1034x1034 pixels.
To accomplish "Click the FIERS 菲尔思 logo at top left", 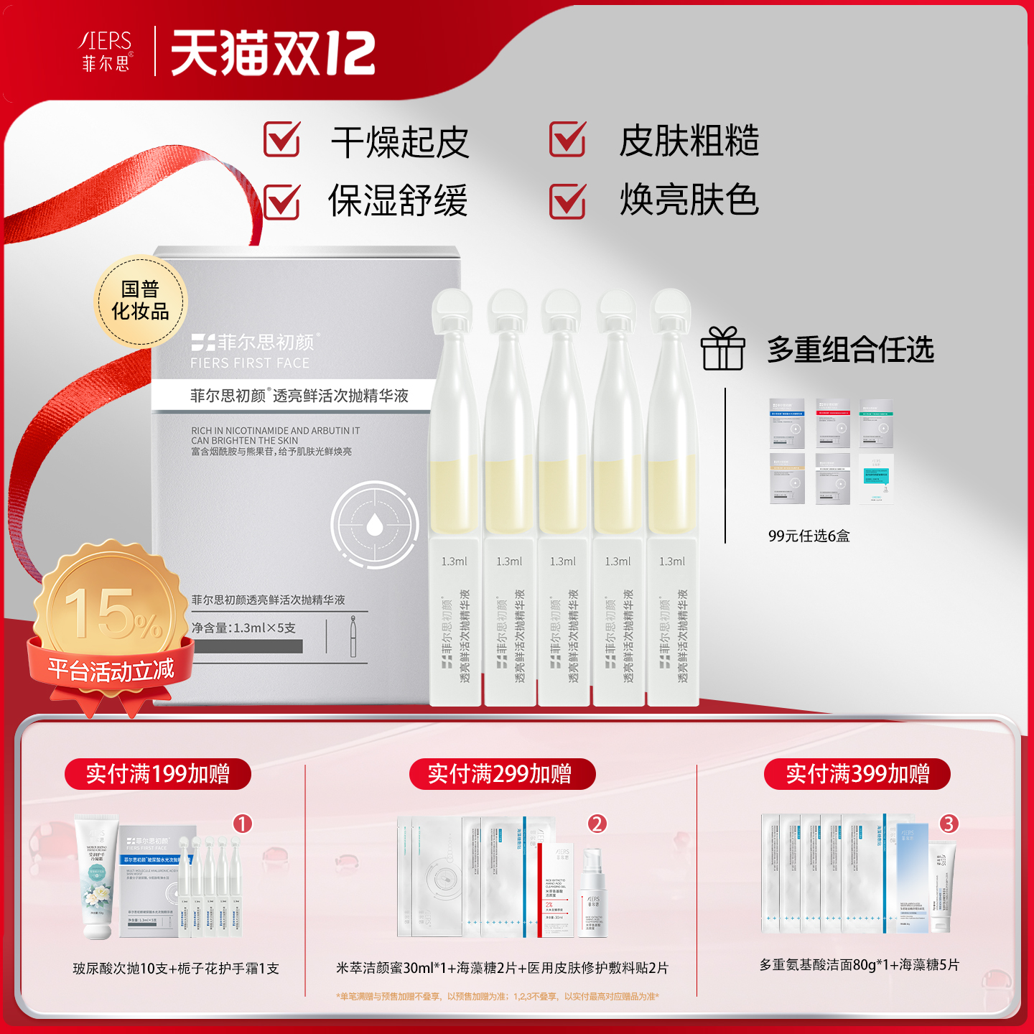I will click(106, 50).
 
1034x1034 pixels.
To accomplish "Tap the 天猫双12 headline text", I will click(273, 53).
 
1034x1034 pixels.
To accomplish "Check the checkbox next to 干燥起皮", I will click(281, 139).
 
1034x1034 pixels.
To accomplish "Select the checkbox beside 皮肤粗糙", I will click(567, 139).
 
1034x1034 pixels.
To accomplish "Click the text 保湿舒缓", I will click(398, 200).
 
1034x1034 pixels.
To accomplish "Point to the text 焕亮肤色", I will click(689, 200).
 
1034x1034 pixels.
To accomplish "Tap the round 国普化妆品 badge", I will click(141, 301).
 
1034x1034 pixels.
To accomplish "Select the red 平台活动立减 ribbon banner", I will click(111, 670).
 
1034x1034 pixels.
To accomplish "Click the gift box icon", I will click(722, 349).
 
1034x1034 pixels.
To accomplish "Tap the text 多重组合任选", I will click(850, 350).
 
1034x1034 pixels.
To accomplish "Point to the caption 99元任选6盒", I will click(809, 536).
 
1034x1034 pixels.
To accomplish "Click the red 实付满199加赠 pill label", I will click(158, 774).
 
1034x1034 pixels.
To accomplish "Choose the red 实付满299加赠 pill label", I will click(500, 774).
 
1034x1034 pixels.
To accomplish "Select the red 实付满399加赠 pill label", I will click(857, 774).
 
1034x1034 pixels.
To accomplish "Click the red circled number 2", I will click(597, 824).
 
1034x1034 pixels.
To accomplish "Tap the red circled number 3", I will click(949, 824).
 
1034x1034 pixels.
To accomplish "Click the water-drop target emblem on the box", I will click(374, 524).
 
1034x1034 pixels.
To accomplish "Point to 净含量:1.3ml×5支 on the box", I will click(243, 628).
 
